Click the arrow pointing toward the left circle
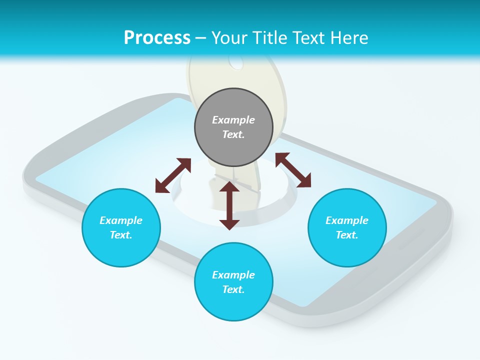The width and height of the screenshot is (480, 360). point(173,175)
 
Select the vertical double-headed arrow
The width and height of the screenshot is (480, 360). point(229,206)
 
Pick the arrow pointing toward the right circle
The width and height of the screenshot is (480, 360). point(293,170)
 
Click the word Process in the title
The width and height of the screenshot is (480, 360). point(157,37)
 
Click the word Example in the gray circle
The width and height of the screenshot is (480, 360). point(233,120)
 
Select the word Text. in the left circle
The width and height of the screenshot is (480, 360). point(121,235)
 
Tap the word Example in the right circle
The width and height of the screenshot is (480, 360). point(347,220)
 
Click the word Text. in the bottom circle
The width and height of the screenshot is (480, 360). point(233,289)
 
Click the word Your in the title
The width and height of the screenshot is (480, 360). point(229,37)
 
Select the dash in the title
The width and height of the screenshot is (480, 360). point(201,38)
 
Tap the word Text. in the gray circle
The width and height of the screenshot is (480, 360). point(233,134)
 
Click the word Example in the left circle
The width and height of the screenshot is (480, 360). point(121,220)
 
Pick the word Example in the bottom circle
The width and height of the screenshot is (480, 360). point(233,275)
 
